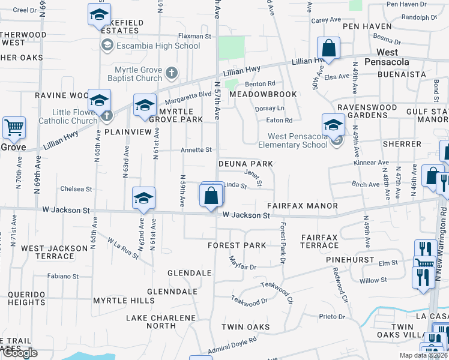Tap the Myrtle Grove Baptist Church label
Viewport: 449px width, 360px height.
point(134,74)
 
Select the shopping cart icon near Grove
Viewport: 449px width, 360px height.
point(14,127)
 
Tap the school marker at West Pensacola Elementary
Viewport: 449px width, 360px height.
point(333,125)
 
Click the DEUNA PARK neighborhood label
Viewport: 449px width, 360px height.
point(246,164)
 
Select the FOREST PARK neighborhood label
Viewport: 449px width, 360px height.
point(237,245)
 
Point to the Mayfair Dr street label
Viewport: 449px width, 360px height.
point(243,263)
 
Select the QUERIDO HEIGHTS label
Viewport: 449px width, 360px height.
point(26,298)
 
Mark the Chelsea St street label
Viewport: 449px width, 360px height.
point(76,189)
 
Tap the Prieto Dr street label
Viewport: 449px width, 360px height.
point(333,317)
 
